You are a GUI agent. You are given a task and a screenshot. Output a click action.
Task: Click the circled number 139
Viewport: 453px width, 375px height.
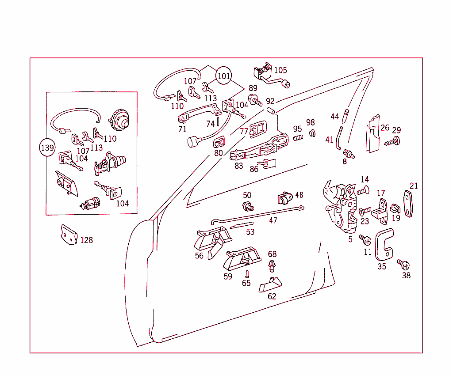click(x=47, y=147)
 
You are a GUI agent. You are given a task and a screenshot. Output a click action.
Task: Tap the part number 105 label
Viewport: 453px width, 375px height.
click(x=280, y=70)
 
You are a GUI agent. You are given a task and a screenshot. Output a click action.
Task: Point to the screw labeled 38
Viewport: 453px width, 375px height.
click(x=403, y=265)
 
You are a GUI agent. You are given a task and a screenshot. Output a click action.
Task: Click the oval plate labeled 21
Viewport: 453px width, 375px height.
click(x=410, y=204)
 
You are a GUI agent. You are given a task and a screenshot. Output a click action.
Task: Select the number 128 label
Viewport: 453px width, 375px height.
click(x=86, y=240)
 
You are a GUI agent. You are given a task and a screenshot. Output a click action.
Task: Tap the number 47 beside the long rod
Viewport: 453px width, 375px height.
click(x=273, y=220)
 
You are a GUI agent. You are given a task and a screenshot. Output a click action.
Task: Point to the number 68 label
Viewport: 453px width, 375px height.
click(x=272, y=254)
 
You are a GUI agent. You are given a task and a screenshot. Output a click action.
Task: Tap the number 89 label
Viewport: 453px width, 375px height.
click(x=253, y=88)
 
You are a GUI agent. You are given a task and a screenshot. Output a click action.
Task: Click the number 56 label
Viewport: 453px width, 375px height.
click(x=199, y=256)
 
